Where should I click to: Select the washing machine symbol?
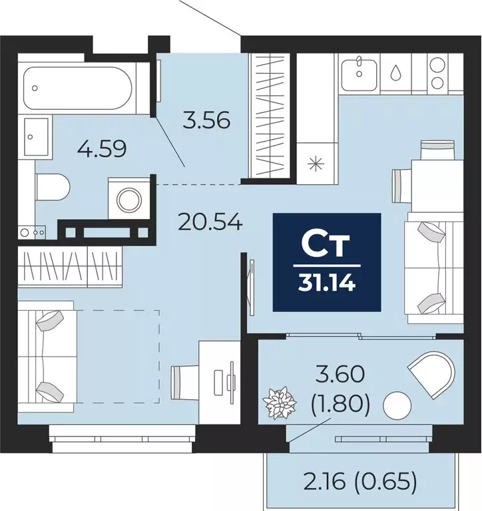click(x=130, y=198)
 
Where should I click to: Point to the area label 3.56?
click(x=206, y=121)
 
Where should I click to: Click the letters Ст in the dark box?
click(x=326, y=245)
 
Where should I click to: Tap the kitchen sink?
click(x=360, y=74)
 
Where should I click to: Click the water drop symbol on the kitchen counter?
click(x=397, y=71)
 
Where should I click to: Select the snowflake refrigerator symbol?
click(x=316, y=162)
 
